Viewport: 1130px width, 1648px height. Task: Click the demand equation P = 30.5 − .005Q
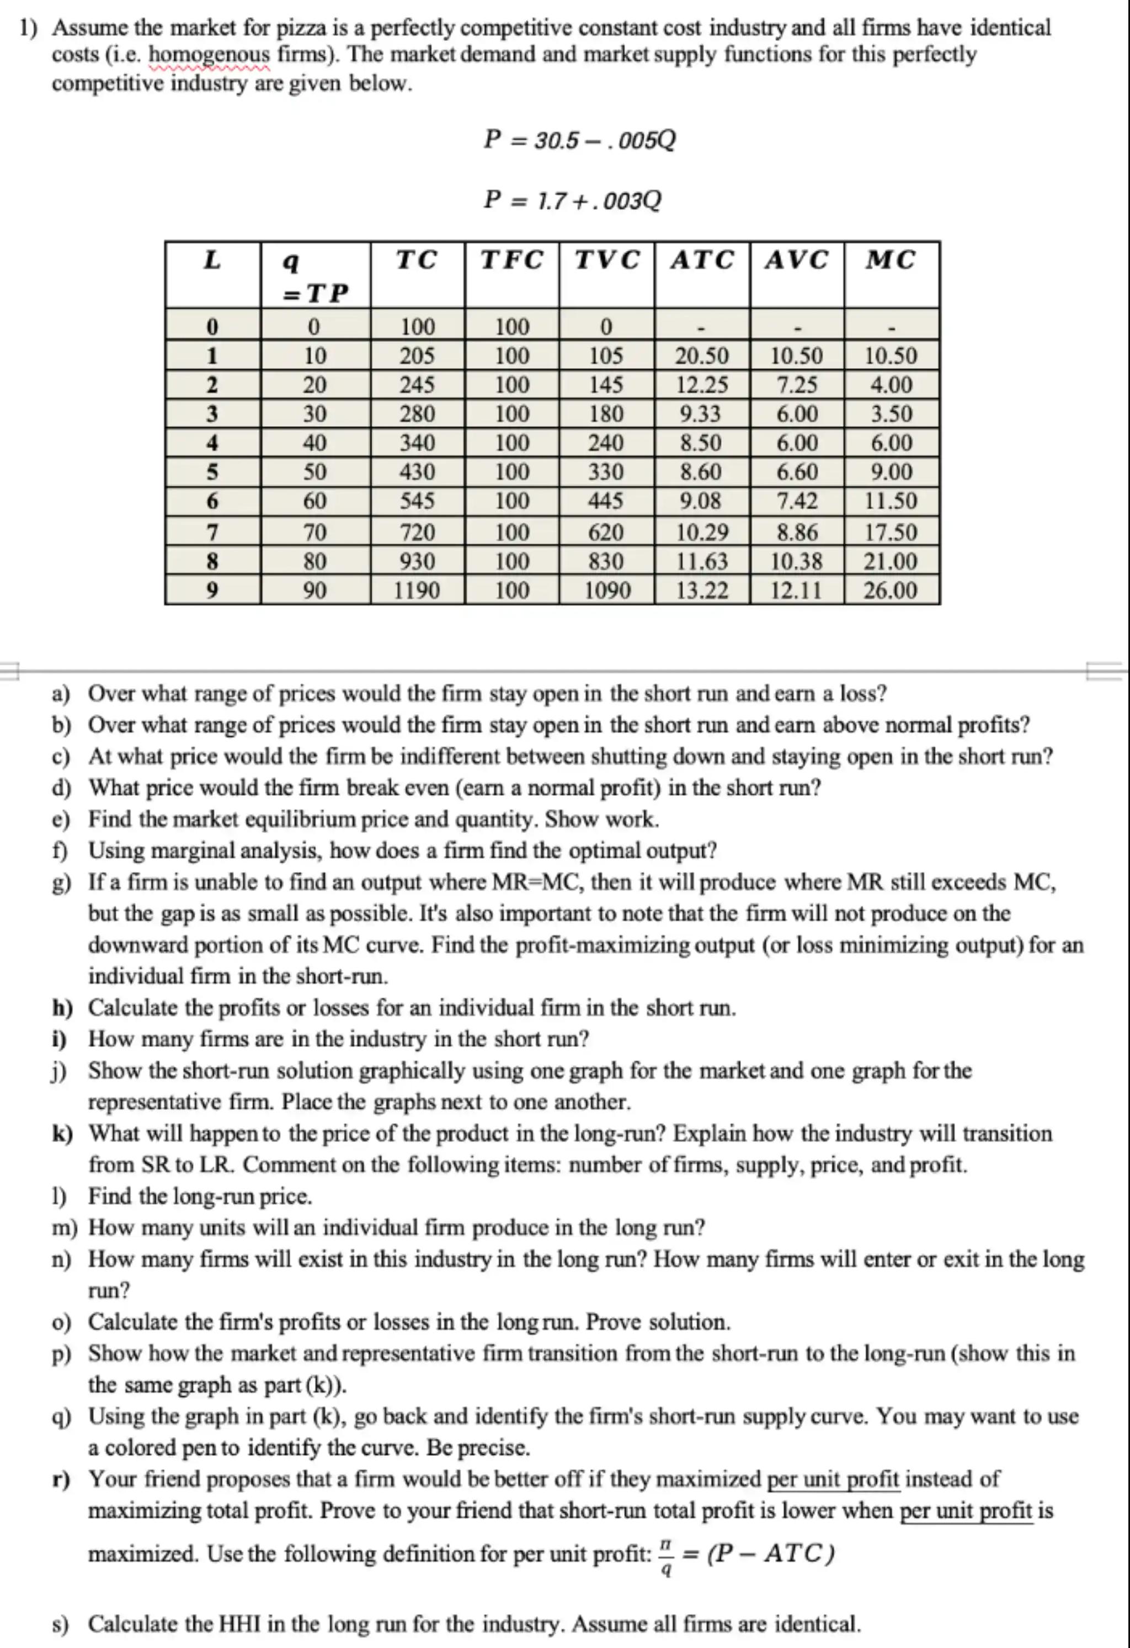[579, 140]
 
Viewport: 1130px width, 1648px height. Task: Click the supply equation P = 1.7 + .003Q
[572, 201]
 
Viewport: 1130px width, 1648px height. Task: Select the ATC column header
[702, 261]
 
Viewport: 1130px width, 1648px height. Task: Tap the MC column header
[891, 261]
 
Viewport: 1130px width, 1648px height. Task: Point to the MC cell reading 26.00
[891, 590]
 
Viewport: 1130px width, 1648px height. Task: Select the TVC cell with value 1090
[607, 590]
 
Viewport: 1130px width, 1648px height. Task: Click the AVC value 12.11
[796, 590]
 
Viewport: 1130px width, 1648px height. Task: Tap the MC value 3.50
[891, 414]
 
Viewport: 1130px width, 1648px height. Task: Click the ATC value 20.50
[701, 355]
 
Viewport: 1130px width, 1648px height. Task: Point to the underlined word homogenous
[210, 55]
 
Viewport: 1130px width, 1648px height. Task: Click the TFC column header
[512, 261]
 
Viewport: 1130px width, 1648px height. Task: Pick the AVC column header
[796, 261]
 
